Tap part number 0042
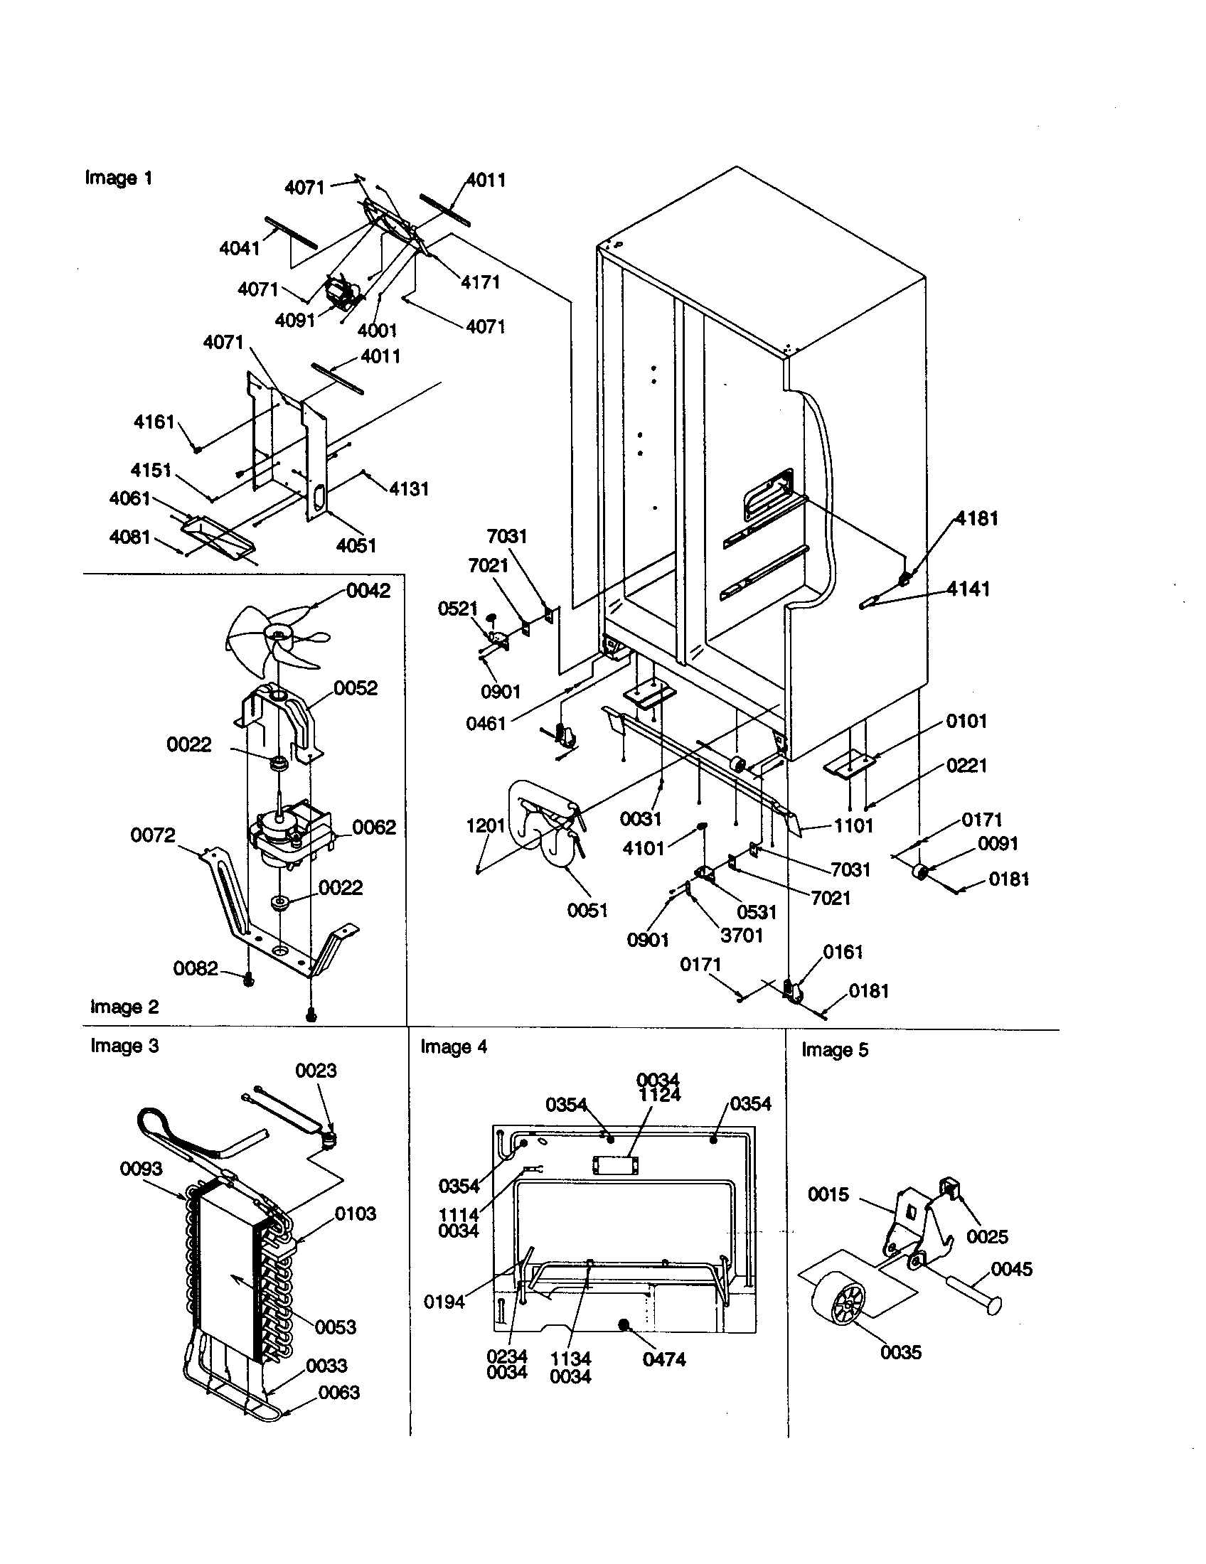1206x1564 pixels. pyautogui.click(x=368, y=591)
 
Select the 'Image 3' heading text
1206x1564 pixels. pyautogui.click(x=124, y=1046)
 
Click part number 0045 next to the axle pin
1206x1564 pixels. pyautogui.click(x=1011, y=1269)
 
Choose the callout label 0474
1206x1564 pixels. pyautogui.click(x=664, y=1359)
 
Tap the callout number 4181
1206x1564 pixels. pyautogui.click(x=977, y=518)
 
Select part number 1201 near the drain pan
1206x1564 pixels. pyautogui.click(x=486, y=825)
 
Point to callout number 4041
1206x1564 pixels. pyautogui.click(x=239, y=249)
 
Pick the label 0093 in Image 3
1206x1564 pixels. pyautogui.click(x=141, y=1169)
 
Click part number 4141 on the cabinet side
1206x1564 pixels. pyautogui.click(x=968, y=589)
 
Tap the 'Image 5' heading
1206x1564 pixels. pyautogui.click(x=834, y=1050)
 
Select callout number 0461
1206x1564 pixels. pyautogui.click(x=486, y=723)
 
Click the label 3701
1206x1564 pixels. pyautogui.click(x=741, y=936)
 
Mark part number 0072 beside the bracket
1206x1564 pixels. pyautogui.click(x=153, y=835)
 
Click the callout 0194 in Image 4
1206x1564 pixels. pyautogui.click(x=444, y=1302)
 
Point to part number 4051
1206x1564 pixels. pyautogui.click(x=356, y=546)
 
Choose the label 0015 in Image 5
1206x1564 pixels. pyautogui.click(x=828, y=1194)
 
